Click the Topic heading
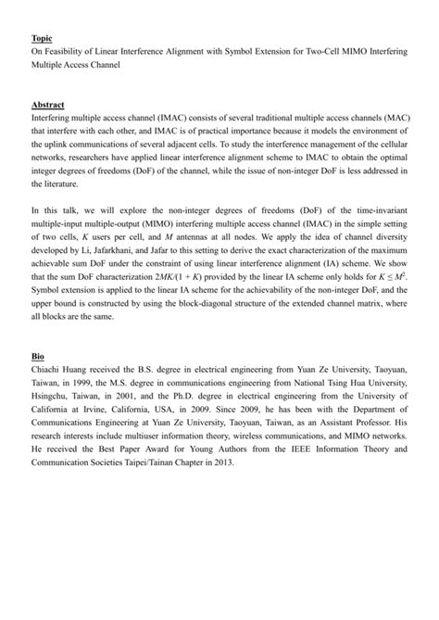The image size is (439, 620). (x=42, y=38)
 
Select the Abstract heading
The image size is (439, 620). (x=48, y=106)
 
